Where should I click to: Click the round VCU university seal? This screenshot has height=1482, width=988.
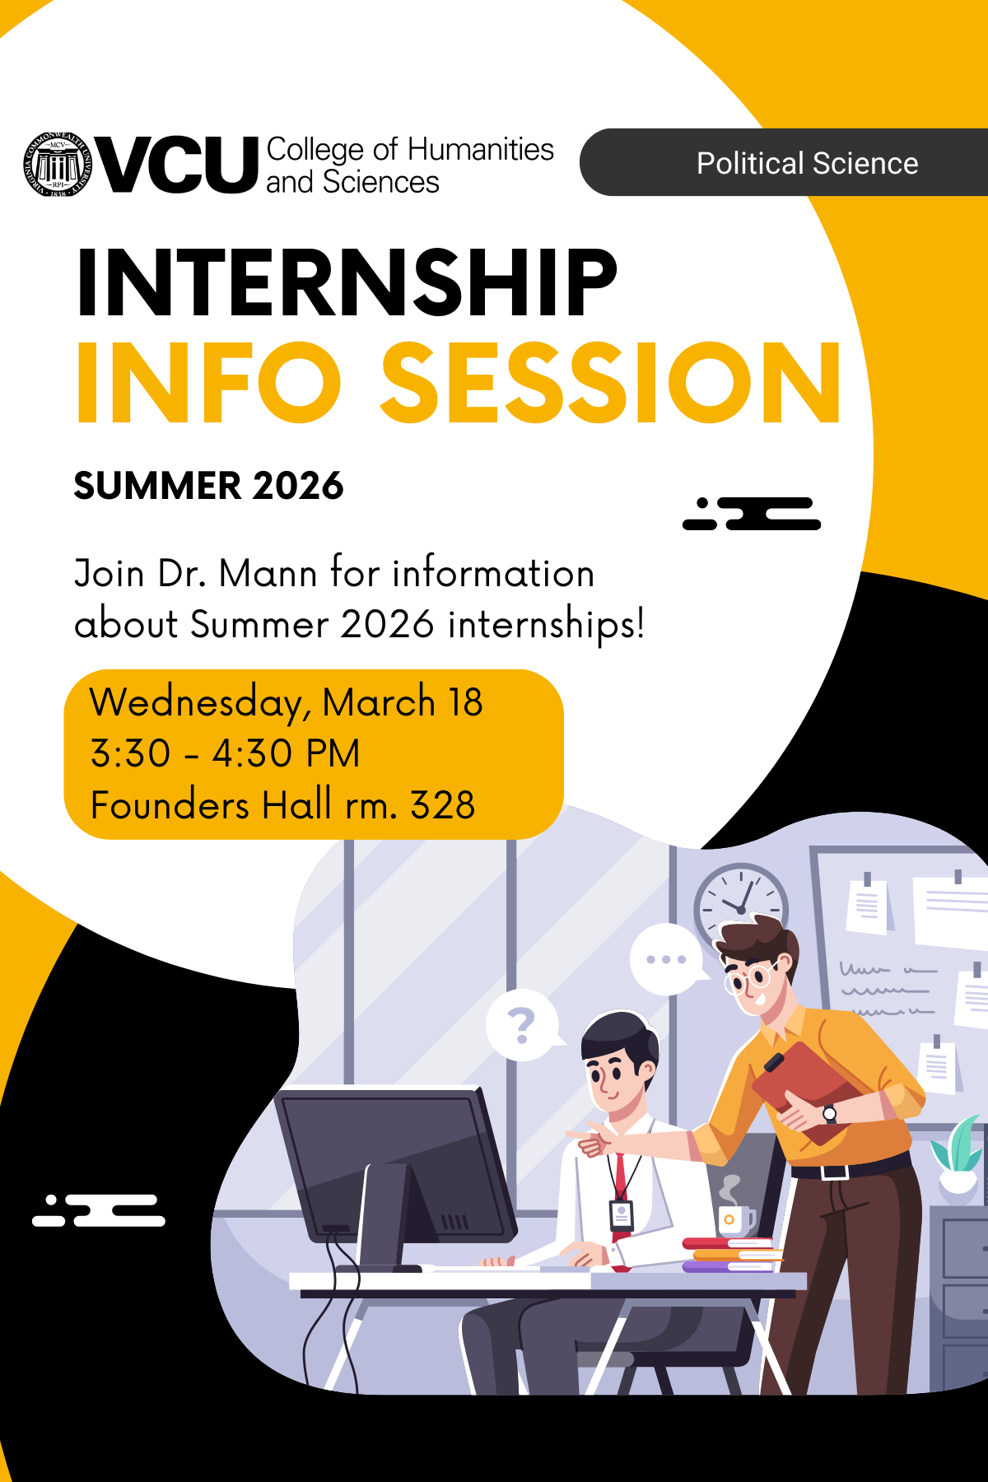pos(58,164)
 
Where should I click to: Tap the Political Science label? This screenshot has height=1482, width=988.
pos(807,163)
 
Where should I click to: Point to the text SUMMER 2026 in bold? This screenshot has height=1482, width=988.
pos(208,486)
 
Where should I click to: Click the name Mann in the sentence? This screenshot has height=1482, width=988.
pos(268,574)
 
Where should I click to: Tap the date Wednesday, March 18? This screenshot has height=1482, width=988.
pos(286,702)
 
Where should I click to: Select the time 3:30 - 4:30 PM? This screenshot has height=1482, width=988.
pos(225,753)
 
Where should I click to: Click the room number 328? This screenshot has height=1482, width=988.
pos(442,805)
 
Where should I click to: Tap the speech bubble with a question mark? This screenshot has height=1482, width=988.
pos(521,1026)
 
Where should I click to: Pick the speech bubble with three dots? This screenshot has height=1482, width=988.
pos(666,959)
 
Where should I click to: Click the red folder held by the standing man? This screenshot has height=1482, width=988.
pos(803,1087)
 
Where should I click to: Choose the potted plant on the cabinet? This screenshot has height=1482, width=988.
pos(959,1153)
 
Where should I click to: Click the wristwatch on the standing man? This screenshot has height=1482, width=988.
pos(830,1114)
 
